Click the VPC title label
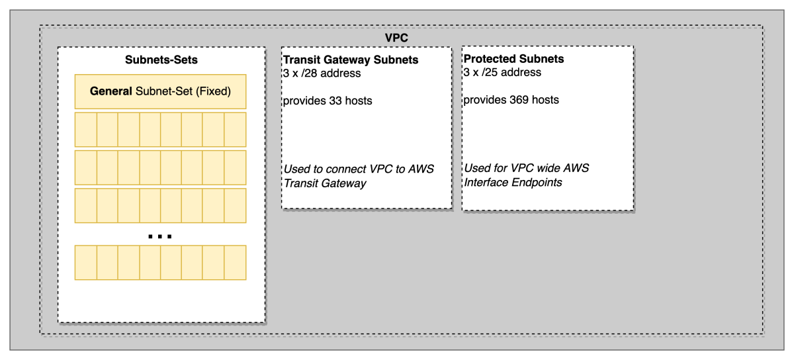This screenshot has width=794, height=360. pyautogui.click(x=396, y=38)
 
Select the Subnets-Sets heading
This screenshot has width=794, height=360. pyautogui.click(x=161, y=60)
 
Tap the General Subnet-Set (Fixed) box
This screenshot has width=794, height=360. pyautogui.click(x=160, y=91)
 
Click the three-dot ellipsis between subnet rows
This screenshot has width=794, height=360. pyautogui.click(x=160, y=236)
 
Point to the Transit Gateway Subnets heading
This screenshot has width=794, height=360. pyautogui.click(x=351, y=60)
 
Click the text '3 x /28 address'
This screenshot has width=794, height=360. pyautogui.click(x=322, y=73)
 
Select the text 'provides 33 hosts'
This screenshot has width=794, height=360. pyautogui.click(x=327, y=101)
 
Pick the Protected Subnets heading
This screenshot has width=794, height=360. pyautogui.click(x=513, y=59)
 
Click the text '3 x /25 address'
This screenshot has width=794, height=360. pyautogui.click(x=502, y=72)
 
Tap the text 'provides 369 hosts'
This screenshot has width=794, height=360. pyautogui.click(x=511, y=100)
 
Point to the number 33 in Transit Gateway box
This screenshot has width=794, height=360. pyautogui.click(x=335, y=101)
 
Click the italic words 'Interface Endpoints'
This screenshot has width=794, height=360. pyautogui.click(x=513, y=183)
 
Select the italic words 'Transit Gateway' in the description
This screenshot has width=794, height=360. pyautogui.click(x=324, y=184)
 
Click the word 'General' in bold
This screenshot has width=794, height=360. pyautogui.click(x=111, y=91)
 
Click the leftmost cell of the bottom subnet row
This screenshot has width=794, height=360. pyautogui.click(x=86, y=263)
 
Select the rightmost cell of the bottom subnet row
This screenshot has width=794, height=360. pyautogui.click(x=235, y=263)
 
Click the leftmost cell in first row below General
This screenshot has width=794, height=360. pyautogui.click(x=86, y=130)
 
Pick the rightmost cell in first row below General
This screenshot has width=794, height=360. pyautogui.click(x=235, y=130)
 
